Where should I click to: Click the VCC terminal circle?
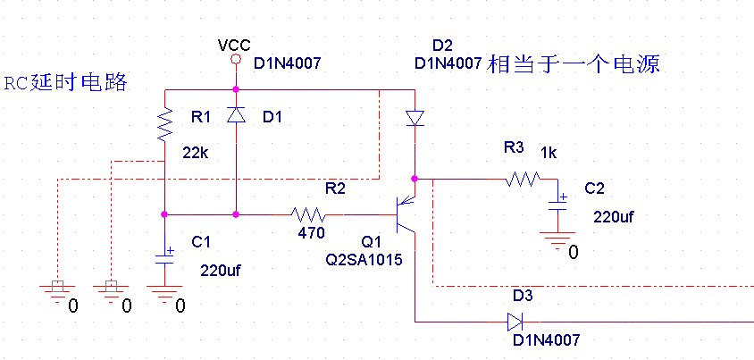[x=236, y=59]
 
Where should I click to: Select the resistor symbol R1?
[x=165, y=124]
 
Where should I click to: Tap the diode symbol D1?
[x=236, y=115]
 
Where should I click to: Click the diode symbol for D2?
[x=415, y=118]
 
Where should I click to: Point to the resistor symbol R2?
[x=307, y=213]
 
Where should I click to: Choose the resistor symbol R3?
[x=523, y=180]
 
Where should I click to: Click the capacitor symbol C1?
[x=164, y=256]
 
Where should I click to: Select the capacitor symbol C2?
[x=557, y=204]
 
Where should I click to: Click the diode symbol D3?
[x=515, y=322]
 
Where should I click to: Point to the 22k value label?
[x=196, y=154]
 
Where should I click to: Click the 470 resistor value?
[x=311, y=233]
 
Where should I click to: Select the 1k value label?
[x=549, y=154]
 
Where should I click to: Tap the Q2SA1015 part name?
[x=364, y=260]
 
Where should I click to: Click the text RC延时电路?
[x=66, y=83]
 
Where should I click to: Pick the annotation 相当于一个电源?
[x=574, y=64]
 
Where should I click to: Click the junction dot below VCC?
[x=236, y=89]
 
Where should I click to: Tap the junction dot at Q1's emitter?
[x=414, y=179]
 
